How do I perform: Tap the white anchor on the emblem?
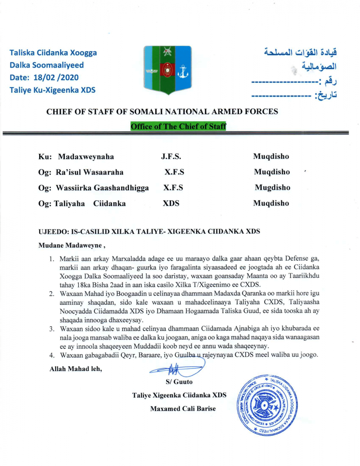pos(182,71)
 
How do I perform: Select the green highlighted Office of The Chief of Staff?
pos(178,127)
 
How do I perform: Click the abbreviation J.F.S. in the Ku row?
pos(171,157)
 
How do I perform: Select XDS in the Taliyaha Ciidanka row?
pos(171,203)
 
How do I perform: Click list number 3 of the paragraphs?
pos(51,330)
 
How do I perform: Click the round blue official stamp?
pos(268,404)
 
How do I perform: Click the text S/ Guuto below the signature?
pos(179,382)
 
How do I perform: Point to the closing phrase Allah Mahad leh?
pos(76,369)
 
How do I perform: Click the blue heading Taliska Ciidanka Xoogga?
pos(53,53)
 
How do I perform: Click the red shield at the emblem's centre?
pos(167,69)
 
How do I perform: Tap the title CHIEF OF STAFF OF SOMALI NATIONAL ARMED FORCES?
pos(162,112)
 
